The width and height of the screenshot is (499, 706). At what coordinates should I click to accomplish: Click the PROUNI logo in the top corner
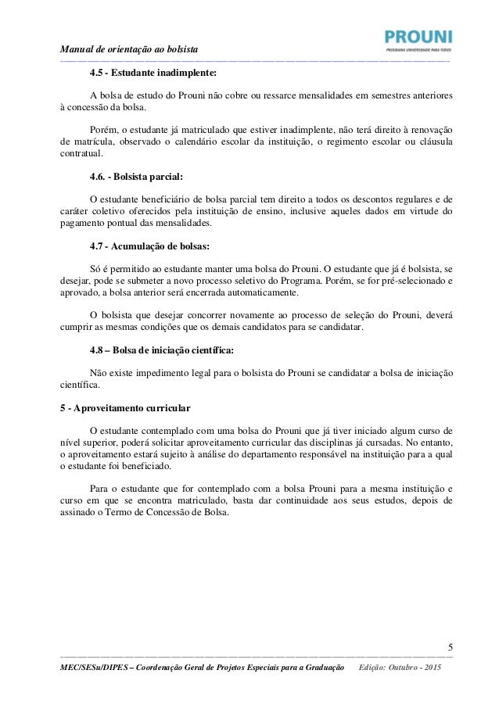[418, 40]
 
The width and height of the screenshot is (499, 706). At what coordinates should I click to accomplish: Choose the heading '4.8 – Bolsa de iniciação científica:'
[162, 349]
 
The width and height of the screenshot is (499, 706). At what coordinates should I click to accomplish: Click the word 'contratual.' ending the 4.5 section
[84, 155]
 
